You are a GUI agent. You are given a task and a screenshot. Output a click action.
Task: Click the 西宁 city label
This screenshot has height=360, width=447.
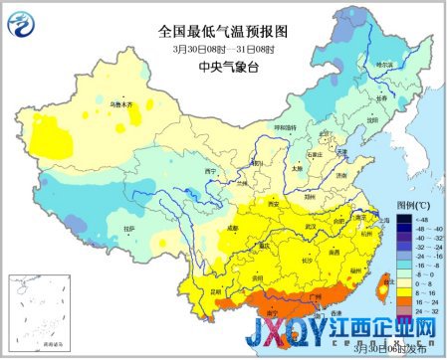(210, 171)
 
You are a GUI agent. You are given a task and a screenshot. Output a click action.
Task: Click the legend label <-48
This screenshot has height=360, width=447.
(422, 218)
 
